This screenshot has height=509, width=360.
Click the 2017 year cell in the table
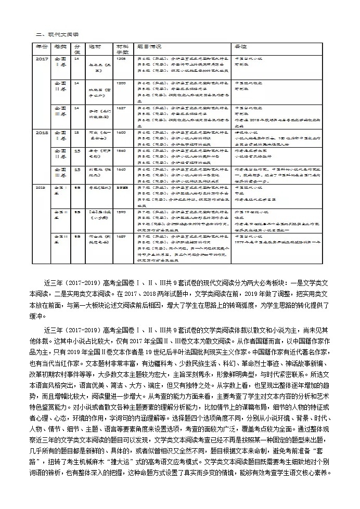click(41, 59)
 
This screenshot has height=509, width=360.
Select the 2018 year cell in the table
click(41, 133)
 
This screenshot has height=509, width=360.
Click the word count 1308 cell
click(121, 59)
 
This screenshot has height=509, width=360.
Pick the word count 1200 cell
click(121, 83)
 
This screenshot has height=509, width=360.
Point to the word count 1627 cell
click(121, 108)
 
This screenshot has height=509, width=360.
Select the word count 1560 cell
click(121, 151)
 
